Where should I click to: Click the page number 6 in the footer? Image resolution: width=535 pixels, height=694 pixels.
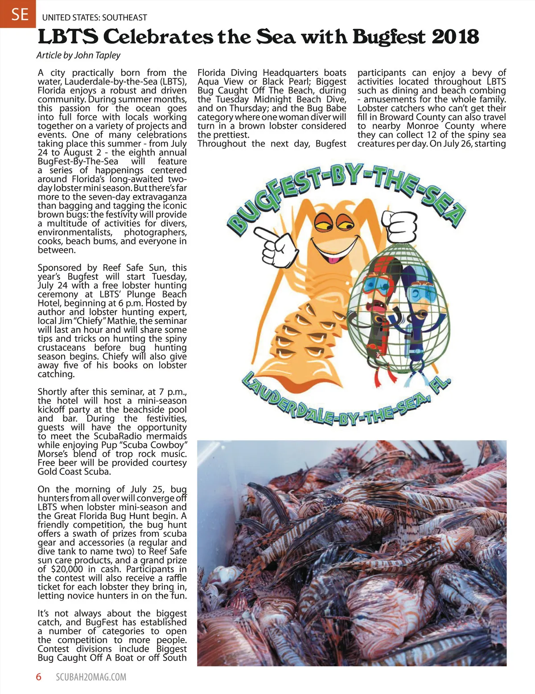click(39, 677)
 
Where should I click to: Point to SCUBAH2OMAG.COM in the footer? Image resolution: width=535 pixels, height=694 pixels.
click(91, 677)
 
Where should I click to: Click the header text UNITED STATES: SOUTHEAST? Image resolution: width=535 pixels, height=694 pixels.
click(95, 18)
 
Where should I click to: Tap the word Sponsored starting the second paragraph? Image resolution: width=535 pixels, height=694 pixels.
click(60, 268)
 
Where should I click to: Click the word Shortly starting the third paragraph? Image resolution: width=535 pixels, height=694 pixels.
click(53, 392)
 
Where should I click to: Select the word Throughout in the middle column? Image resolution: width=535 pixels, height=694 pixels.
click(222, 143)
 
